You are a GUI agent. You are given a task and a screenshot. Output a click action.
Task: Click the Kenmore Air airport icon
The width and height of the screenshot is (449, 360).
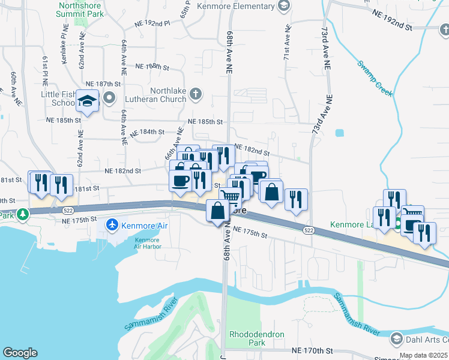click(x=112, y=226)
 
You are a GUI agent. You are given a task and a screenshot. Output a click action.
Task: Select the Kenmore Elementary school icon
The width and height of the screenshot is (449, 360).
click(x=283, y=5)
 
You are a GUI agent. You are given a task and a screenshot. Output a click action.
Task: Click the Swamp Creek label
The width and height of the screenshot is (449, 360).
click(x=375, y=79)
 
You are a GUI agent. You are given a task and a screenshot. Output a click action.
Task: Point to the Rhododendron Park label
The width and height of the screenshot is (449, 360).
click(x=256, y=338)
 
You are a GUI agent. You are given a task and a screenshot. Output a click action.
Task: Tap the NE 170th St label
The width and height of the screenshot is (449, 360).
click(x=312, y=350)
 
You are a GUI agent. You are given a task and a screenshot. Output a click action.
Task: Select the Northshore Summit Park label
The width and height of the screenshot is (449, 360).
click(x=83, y=8)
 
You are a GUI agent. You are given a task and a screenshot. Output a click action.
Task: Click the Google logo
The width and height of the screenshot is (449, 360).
click(x=19, y=353)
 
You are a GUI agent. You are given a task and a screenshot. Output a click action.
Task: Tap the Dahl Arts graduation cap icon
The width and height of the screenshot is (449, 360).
click(x=396, y=339)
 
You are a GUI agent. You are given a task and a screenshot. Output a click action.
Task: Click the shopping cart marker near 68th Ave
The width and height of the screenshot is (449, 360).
click(x=230, y=197)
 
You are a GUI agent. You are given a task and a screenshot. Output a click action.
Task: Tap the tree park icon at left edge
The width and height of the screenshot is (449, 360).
click(x=23, y=214)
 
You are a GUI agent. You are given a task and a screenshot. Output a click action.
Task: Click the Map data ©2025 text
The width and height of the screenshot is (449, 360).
click(x=424, y=355)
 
